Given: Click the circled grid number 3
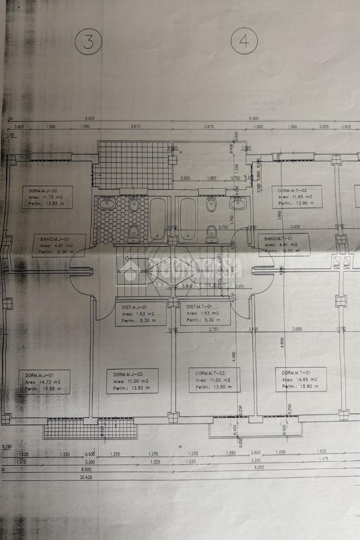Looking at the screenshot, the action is click(x=88, y=42).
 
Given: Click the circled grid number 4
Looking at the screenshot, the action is click(x=244, y=42).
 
